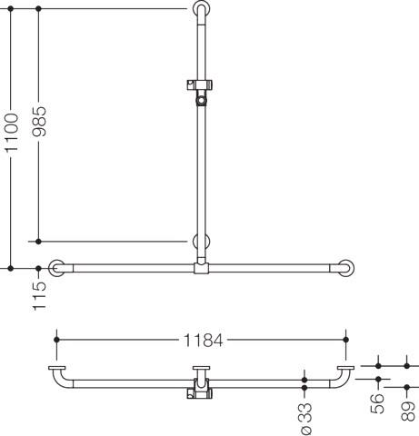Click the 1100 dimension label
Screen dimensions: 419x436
pos(12,133)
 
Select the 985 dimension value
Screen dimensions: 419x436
pos(39,121)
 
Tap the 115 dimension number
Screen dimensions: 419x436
pos(39,296)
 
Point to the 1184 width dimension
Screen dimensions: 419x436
pos(203,340)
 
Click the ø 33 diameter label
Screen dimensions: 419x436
pos(305,419)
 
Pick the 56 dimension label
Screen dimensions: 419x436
pos(378,403)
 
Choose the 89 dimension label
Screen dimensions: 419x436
pos(408,411)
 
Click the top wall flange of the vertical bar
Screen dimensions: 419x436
pos(201,8)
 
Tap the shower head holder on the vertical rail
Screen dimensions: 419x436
pos(200,91)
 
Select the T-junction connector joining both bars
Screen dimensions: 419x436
pos(201,268)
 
